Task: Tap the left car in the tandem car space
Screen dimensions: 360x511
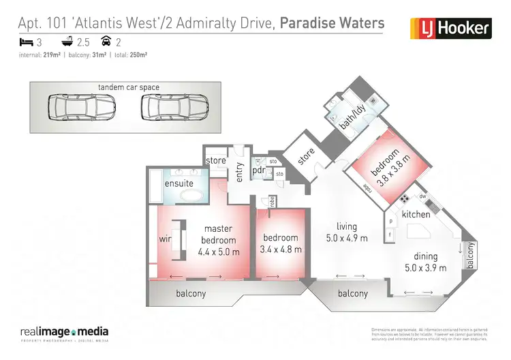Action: tap(72, 107)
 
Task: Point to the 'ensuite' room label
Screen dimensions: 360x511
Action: tap(179, 183)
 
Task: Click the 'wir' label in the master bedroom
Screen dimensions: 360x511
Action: tap(164, 239)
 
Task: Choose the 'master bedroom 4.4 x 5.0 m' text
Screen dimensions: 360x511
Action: tap(219, 241)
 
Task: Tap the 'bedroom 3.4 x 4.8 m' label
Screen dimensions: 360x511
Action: tap(281, 243)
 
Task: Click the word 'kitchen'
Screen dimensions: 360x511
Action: tap(416, 214)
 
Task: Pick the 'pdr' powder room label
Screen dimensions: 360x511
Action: tap(258, 170)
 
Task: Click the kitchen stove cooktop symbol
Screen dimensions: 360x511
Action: tap(403, 199)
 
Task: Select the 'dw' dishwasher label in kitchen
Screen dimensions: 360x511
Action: tap(422, 197)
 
